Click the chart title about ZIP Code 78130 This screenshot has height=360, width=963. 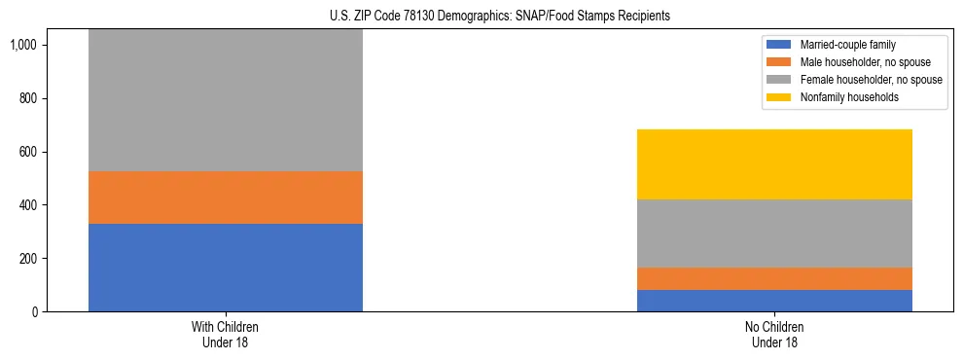[481, 17]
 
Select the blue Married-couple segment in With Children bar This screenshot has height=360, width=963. [226, 268]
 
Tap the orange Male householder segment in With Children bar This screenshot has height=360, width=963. [226, 198]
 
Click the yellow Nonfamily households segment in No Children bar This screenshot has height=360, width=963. [774, 164]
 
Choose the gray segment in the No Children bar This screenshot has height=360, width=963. [774, 234]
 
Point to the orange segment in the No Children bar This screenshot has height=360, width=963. [774, 278]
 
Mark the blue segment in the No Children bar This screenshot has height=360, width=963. [774, 301]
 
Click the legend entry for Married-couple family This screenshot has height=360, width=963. [847, 45]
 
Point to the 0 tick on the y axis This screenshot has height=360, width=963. [36, 312]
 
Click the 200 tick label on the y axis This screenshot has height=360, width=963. [29, 259]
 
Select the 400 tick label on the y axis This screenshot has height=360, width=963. [29, 205]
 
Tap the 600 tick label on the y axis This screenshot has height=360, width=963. [29, 152]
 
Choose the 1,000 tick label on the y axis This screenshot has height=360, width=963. [25, 46]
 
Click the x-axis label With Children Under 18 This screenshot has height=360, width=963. [226, 335]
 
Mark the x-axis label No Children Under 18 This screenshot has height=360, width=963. [774, 335]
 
